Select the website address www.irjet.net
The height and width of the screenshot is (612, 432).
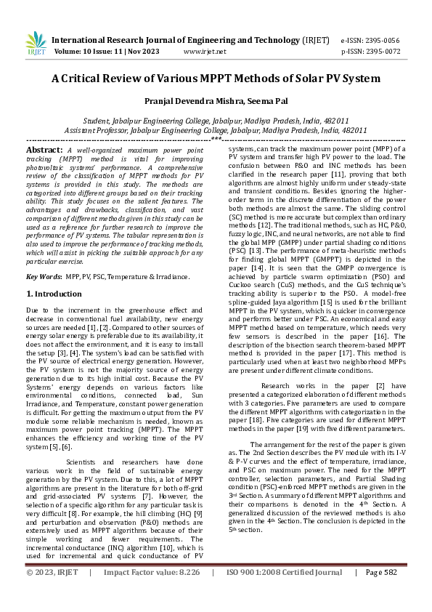tap(203, 52)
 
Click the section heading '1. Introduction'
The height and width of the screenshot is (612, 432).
tap(54, 294)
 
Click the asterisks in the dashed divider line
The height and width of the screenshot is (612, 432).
tap(216, 138)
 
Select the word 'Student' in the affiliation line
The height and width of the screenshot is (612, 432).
tap(100, 121)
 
